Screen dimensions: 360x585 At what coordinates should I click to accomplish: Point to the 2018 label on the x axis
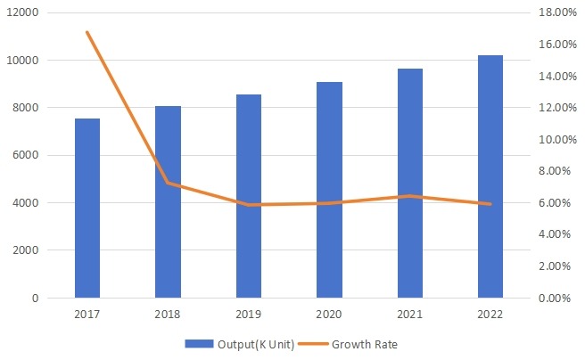(x=168, y=315)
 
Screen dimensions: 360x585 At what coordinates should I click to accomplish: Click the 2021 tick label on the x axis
(x=409, y=315)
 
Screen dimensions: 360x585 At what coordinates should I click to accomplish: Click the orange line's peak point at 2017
(x=87, y=32)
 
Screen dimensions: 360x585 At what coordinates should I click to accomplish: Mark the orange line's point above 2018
(x=168, y=184)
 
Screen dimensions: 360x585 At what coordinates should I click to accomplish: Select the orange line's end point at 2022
(x=490, y=204)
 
